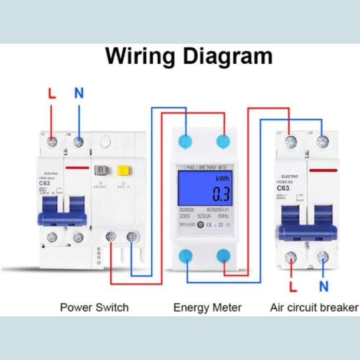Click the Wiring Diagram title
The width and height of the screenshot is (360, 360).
[189, 57]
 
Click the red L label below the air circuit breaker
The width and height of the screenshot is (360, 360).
[292, 287]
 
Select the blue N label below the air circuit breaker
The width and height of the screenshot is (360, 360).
[323, 287]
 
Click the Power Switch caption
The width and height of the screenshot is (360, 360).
[94, 307]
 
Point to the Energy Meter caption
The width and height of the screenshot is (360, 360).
[207, 307]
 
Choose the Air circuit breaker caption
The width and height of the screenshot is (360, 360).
[313, 307]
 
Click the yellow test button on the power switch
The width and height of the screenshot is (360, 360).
[123, 171]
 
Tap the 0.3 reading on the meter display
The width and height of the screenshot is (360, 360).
[221, 194]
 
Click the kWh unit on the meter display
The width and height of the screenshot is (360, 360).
[222, 178]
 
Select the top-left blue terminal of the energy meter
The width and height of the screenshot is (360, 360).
[186, 141]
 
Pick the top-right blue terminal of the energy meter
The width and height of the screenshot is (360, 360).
[223, 141]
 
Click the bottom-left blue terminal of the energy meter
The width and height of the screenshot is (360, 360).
[186, 256]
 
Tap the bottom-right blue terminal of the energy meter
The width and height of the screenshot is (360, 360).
[223, 256]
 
